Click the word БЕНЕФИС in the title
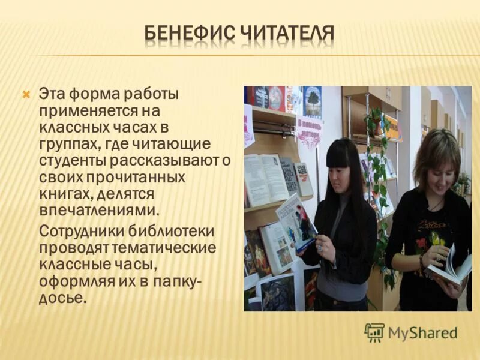pyautogui.click(x=190, y=34)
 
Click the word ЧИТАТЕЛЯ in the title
pyautogui.click(x=287, y=34)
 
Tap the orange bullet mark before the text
pyautogui.click(x=26, y=94)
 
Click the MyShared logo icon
pyautogui.click(x=374, y=332)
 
